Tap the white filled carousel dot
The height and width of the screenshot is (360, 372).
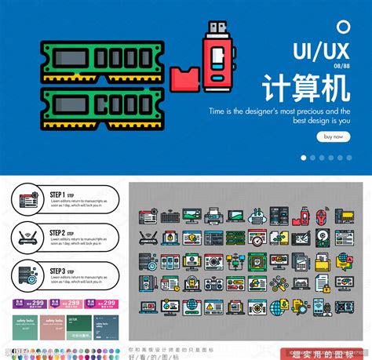click(303, 157)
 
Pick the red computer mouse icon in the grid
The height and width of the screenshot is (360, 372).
click(323, 216)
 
